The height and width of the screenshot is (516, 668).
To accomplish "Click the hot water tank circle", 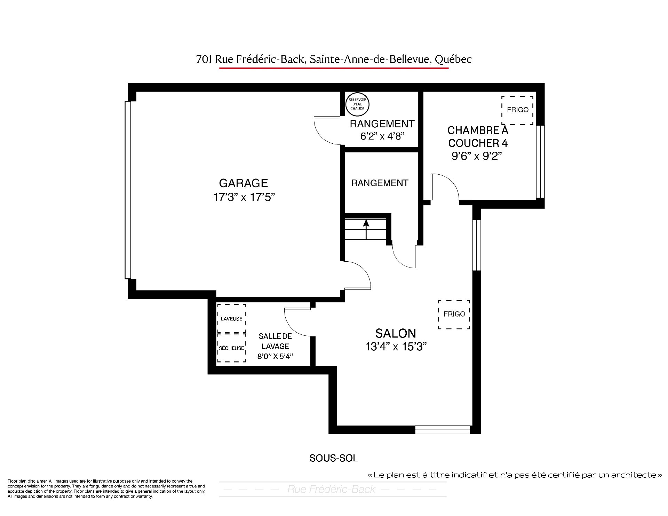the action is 357,104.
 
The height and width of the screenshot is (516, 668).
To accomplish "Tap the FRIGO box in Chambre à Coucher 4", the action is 517,110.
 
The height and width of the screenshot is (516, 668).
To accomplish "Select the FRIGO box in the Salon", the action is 454,315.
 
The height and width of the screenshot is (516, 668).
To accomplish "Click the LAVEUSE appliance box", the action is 232,318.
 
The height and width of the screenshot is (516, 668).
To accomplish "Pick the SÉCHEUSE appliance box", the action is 232,348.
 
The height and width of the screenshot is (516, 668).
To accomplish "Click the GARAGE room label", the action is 244,183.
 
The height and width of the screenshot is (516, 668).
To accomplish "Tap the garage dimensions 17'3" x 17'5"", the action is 244,197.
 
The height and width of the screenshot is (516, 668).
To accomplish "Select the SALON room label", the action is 396,333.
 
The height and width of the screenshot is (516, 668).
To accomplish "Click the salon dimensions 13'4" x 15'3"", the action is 396,347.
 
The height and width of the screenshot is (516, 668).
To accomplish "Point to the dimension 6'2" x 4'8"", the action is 382,136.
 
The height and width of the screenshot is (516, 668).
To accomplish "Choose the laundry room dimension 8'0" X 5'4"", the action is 275,356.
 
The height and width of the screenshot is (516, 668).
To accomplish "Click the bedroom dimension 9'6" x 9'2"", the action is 477,156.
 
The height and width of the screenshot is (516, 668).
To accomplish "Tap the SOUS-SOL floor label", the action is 334,458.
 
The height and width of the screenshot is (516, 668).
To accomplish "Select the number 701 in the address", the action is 204,59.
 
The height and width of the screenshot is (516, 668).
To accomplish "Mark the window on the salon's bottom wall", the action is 443,430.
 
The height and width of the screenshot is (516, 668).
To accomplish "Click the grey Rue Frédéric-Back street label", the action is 331,489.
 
